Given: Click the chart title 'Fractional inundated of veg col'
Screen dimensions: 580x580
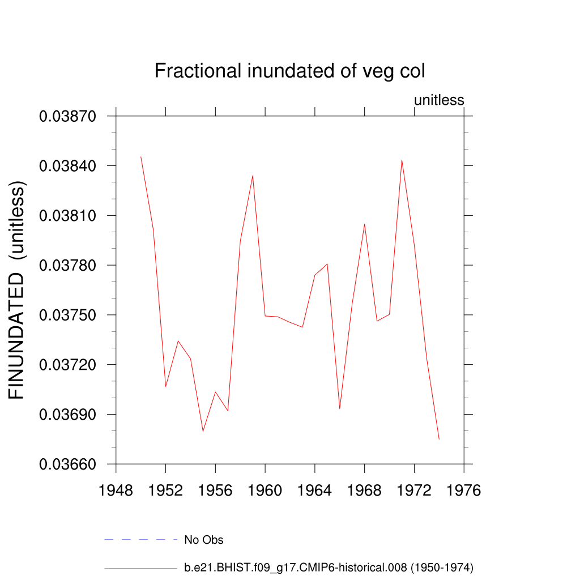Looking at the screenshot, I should click(289, 71).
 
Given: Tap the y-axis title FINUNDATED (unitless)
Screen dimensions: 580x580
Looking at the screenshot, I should click(18, 291).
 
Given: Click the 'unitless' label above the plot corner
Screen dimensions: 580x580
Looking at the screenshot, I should click(439, 100).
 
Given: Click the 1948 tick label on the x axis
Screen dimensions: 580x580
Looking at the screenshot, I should click(116, 491).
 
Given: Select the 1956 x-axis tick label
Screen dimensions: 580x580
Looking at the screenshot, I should click(215, 491).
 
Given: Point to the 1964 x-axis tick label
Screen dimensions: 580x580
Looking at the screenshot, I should click(315, 491).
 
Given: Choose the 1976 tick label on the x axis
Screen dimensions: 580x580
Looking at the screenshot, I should click(464, 491).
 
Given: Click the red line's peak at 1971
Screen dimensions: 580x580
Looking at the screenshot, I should click(402, 160).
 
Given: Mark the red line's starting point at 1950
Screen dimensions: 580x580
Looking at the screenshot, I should click(140, 156).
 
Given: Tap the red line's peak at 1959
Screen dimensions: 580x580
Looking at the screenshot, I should click(253, 175).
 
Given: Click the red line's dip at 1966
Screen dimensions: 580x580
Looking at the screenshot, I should click(340, 408).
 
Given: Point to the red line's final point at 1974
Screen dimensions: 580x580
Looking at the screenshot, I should click(439, 439).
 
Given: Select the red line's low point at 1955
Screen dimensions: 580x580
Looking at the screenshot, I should click(203, 432).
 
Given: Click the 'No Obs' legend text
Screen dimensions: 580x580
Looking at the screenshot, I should click(204, 540).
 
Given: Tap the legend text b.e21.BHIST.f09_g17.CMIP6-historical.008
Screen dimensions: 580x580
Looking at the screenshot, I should click(329, 568).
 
